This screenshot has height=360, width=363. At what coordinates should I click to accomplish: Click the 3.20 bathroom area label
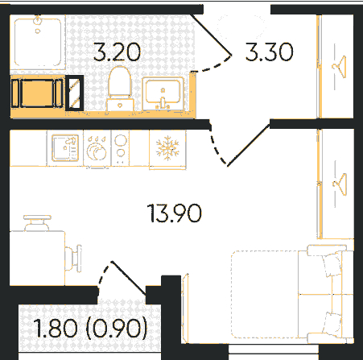pos(117,52)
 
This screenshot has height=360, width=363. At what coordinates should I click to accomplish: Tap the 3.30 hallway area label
pos(269,52)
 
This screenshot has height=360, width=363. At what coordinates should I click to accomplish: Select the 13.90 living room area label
pos(175,213)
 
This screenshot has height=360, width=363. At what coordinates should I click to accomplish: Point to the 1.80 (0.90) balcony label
pos(91,328)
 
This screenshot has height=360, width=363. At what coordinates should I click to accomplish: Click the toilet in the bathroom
pos(120,89)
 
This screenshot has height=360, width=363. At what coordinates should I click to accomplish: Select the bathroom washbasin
pos(163,93)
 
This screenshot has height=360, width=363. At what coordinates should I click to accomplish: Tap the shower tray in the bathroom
pos(38,43)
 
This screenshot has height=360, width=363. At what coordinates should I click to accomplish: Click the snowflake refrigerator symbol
pos(167,148)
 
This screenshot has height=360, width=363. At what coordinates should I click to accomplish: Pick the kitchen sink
pos(65,148)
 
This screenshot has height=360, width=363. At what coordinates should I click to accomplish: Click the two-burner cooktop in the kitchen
pos(120,147)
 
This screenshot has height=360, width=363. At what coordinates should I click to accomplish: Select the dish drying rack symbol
pos(97,148)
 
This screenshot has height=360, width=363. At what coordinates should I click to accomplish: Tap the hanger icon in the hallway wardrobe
pos(339,67)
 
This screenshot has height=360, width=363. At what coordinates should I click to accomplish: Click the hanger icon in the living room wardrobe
pos(340,184)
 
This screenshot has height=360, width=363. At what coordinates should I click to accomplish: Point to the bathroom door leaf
pos(212,34)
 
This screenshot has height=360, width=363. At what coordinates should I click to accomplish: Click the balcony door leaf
pos(129,278)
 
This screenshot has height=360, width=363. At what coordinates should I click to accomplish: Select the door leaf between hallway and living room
pos(249,145)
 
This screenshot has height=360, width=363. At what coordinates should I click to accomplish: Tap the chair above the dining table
pos(37,223)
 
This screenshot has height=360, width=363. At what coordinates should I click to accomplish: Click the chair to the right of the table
pos(73,259)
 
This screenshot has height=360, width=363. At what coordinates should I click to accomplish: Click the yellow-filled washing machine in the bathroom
pos(38,93)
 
